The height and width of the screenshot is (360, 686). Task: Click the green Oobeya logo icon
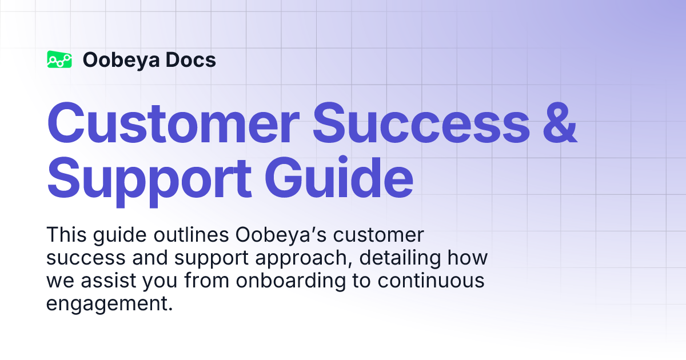[x=59, y=59]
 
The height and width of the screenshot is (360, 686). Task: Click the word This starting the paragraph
[x=65, y=235]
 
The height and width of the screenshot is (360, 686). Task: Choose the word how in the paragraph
[x=468, y=258]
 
